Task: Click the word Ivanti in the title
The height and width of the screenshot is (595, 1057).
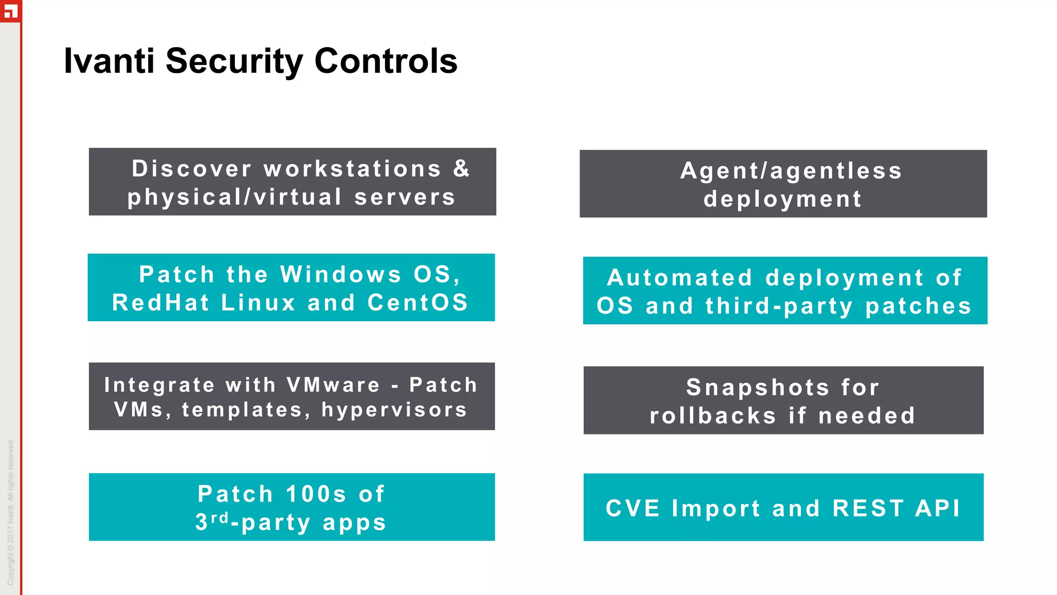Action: click(109, 61)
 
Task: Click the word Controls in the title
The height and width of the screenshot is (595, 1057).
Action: click(386, 61)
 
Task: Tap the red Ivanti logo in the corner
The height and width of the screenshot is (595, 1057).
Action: click(10, 10)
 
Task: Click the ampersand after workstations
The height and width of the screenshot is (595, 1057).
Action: click(461, 168)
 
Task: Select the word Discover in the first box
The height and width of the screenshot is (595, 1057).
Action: click(191, 168)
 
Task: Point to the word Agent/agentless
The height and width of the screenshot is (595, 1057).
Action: click(791, 171)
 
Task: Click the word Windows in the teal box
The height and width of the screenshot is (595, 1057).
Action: click(341, 274)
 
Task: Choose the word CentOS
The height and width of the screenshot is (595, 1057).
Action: click(418, 303)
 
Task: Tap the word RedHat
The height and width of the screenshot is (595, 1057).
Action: click(161, 303)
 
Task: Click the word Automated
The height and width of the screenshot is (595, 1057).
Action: click(680, 278)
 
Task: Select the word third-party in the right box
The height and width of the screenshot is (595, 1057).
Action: click(779, 306)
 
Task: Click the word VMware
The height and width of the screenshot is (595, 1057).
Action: click(333, 385)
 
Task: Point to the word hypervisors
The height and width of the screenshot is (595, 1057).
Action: click(394, 410)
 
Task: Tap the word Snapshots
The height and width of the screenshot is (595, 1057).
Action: click(757, 387)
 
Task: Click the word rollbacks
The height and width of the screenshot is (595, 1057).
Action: click(713, 416)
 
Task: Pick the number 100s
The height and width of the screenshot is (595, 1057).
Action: click(316, 494)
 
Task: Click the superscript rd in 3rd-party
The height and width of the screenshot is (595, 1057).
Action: click(219, 518)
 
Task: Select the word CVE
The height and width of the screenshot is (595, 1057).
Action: click(633, 508)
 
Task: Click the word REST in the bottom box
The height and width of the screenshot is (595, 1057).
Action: click(868, 508)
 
